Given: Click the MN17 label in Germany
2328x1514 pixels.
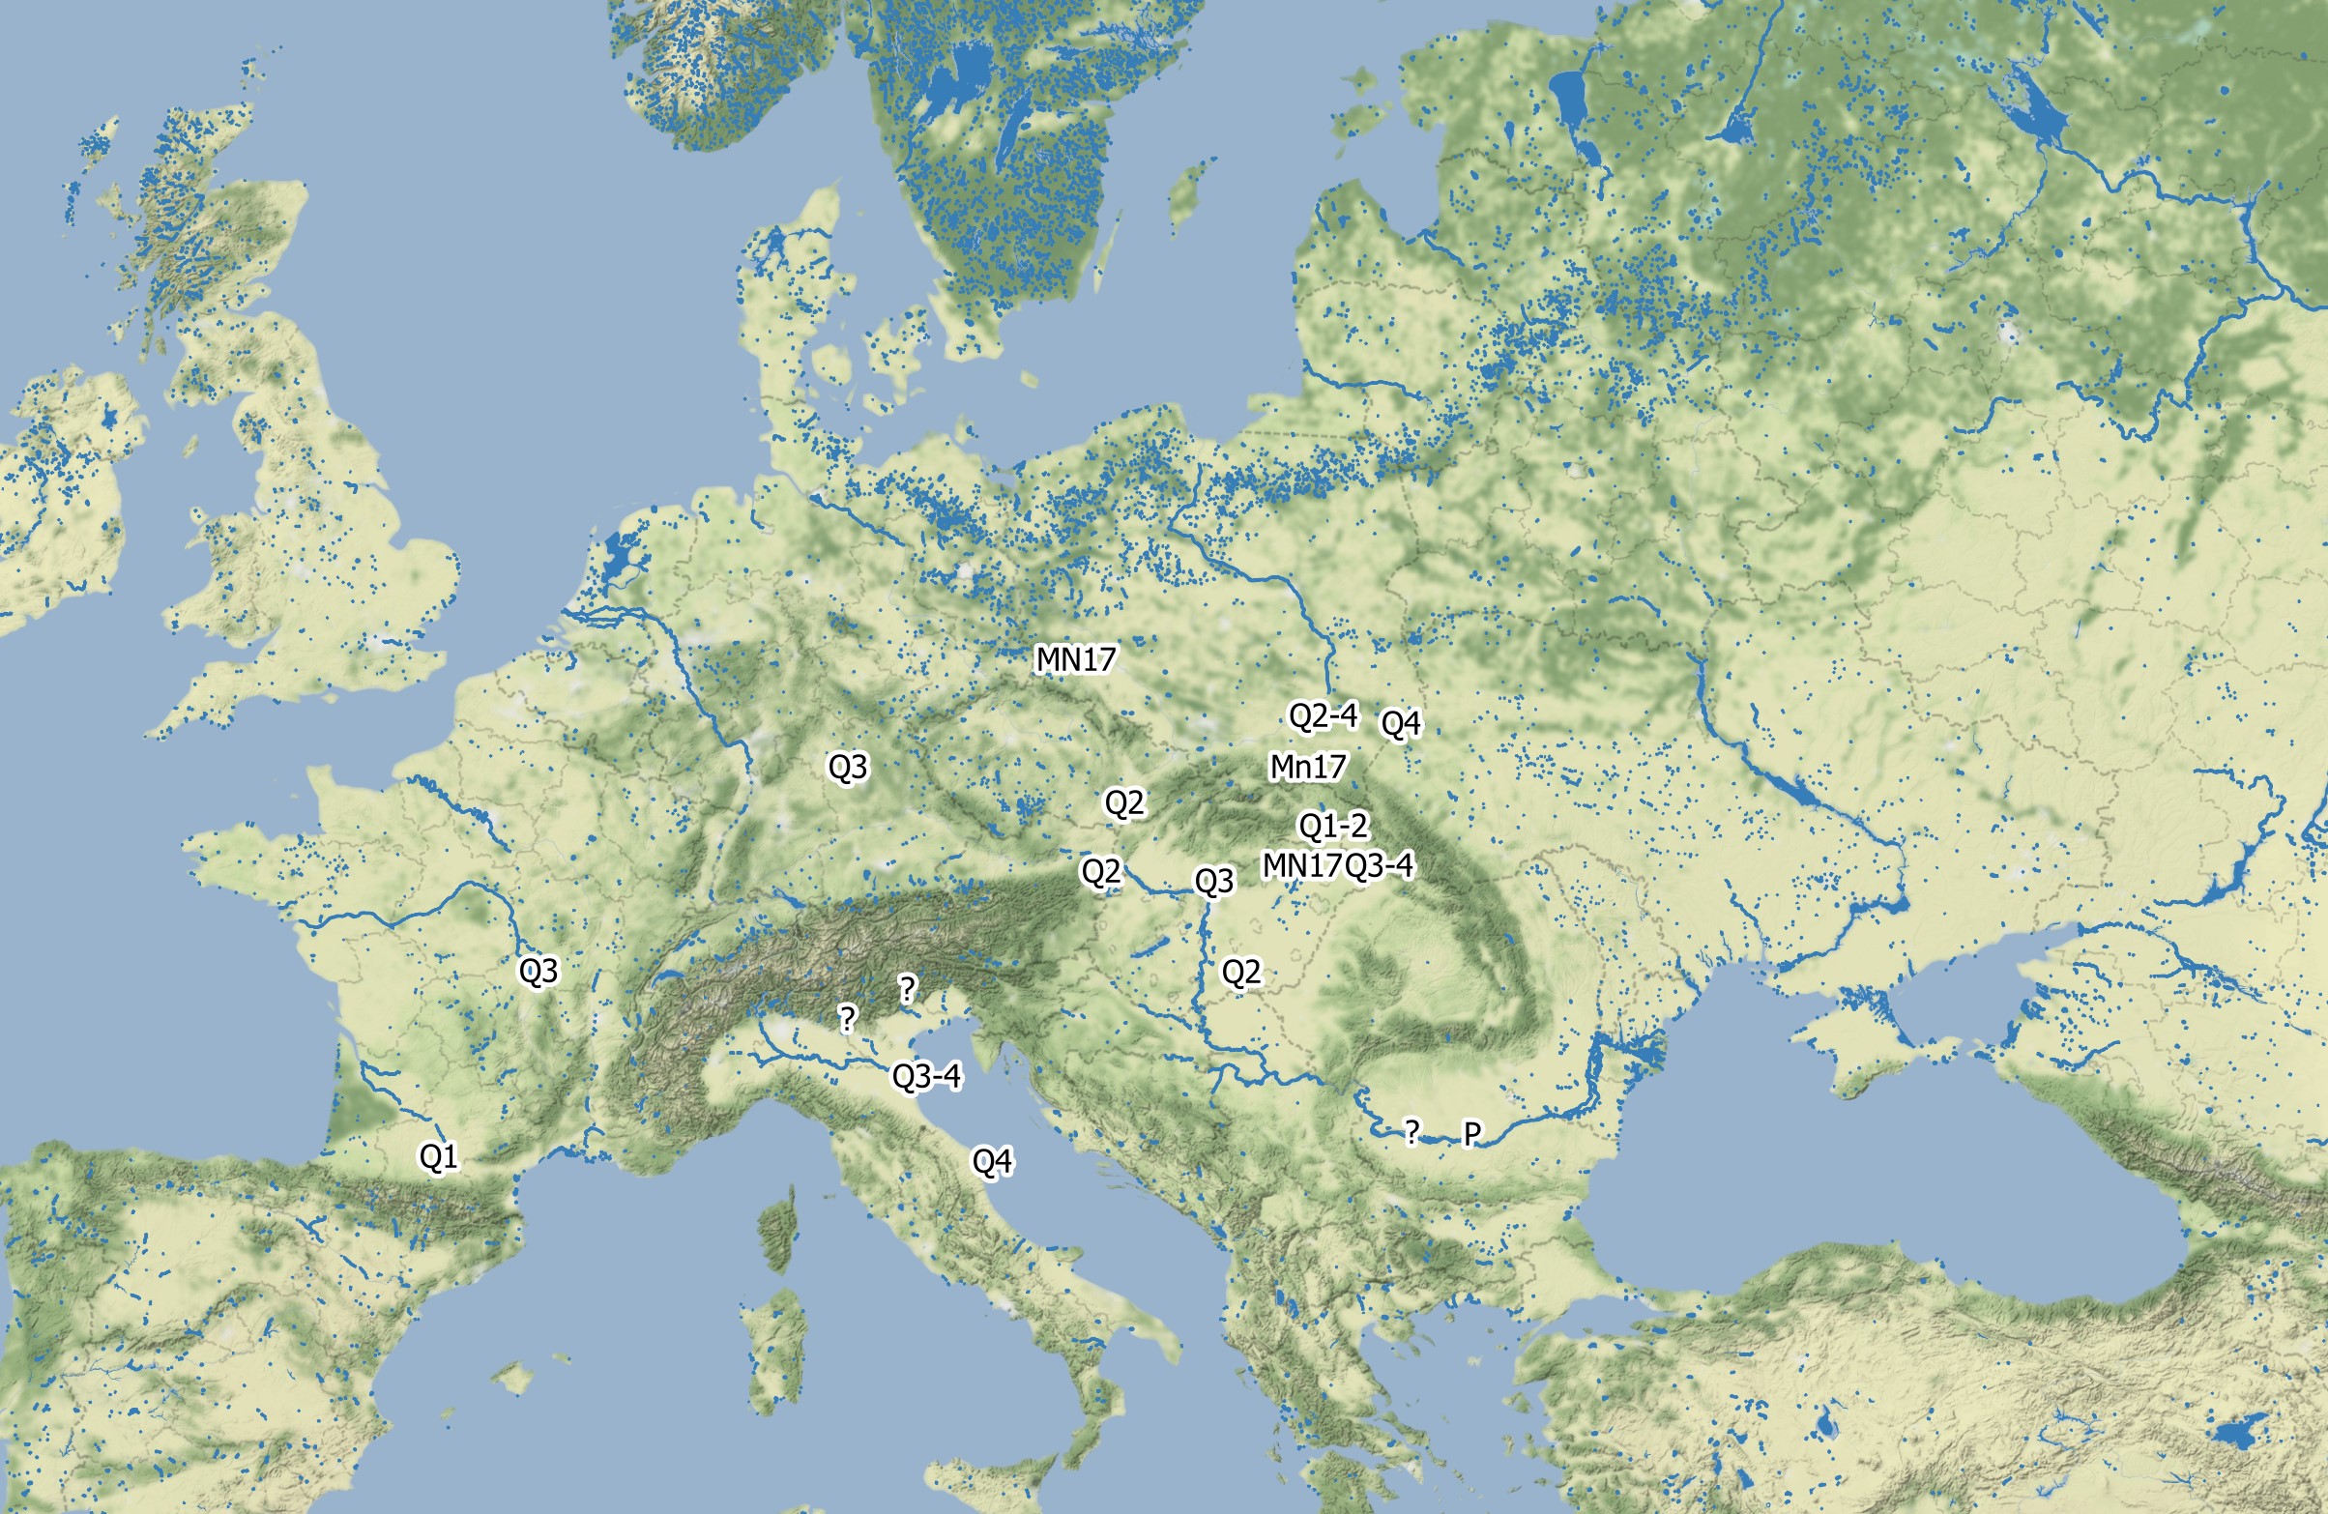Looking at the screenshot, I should [1075, 659].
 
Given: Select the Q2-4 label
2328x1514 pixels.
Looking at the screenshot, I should [1323, 716].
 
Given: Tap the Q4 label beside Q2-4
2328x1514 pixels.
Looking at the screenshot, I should [1400, 724].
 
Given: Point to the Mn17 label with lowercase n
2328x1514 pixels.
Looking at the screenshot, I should [1308, 767].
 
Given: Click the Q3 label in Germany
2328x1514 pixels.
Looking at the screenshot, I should [847, 767].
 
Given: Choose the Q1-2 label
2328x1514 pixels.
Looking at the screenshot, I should [1332, 827].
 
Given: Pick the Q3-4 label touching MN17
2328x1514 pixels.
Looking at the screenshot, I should [1380, 865].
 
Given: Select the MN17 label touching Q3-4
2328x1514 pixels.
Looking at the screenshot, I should [1302, 865].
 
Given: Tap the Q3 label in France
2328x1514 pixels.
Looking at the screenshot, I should [538, 972].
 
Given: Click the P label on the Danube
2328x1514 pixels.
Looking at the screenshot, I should [1471, 1133].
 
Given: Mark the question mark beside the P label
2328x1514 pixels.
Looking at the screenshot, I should [1411, 1132].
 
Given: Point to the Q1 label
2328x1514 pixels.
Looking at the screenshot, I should [438, 1157].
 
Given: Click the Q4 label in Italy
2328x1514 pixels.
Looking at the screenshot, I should [992, 1162].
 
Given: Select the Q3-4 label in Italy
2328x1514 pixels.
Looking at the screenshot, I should [926, 1077].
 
